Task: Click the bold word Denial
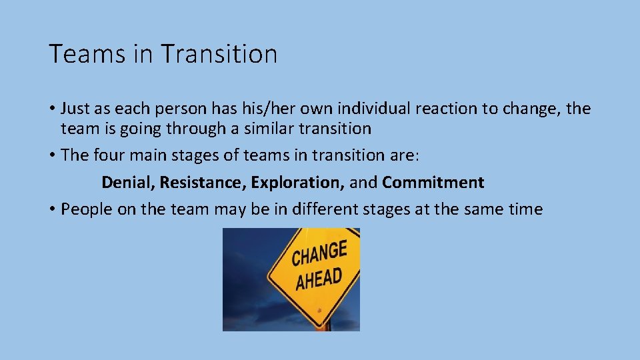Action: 127,183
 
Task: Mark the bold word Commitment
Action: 433,183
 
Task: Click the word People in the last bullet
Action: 83,209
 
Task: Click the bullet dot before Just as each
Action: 51,109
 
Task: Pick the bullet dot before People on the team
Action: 51,210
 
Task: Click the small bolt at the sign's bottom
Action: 320,309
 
